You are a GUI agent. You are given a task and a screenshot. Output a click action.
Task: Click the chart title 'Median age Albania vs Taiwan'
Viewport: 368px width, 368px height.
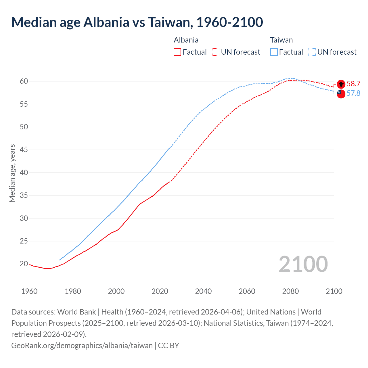(137, 22)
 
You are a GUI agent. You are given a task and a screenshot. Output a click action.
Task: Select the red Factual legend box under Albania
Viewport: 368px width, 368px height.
(177, 52)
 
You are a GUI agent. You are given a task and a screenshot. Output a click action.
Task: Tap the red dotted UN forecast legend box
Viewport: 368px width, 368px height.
(216, 52)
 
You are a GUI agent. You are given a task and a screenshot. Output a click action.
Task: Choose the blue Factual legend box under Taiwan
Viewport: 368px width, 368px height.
(274, 52)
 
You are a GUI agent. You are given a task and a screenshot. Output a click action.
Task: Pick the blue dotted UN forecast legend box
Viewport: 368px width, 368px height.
(312, 52)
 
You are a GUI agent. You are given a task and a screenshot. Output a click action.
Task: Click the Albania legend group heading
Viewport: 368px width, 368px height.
(186, 40)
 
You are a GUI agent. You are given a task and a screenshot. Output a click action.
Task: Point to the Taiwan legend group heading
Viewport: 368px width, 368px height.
(281, 40)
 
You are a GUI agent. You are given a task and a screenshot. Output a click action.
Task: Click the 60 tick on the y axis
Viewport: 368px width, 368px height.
(24, 81)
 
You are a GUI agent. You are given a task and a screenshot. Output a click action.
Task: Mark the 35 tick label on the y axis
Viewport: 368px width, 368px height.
(24, 195)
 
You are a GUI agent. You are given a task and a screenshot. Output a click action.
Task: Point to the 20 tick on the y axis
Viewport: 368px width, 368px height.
(24, 264)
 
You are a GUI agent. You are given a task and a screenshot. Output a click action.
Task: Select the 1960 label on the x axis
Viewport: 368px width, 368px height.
(29, 291)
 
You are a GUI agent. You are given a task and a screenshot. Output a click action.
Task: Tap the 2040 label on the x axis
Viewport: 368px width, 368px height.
(203, 291)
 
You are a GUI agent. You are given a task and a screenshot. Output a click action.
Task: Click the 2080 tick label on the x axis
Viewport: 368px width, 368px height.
(290, 291)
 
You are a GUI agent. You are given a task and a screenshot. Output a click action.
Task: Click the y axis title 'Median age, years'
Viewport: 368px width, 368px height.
(12, 173)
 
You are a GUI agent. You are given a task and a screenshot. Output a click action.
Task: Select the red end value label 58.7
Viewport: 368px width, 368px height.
(353, 84)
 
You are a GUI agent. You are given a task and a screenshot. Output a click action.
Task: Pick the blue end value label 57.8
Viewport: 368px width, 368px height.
(353, 93)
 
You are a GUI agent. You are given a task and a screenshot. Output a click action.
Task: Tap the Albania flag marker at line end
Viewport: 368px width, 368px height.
(341, 84)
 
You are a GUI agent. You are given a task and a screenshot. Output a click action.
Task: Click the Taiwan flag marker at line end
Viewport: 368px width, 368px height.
(341, 94)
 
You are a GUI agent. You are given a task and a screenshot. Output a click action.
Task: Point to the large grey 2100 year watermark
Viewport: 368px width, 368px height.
(303, 264)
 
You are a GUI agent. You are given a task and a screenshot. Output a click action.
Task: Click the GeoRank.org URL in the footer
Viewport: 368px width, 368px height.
(82, 345)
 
